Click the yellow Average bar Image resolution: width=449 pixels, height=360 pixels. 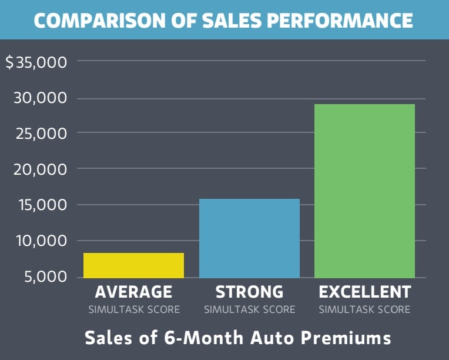coord(133,265)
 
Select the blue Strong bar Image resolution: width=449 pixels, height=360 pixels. coord(249,238)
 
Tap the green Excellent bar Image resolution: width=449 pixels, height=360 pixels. coord(364,191)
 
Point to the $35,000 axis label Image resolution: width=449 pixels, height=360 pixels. coord(37,62)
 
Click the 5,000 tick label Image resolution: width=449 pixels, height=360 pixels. coord(45,276)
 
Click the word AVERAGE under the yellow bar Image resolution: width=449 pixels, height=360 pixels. coord(134,292)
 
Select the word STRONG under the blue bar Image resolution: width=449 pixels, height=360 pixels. coord(249,292)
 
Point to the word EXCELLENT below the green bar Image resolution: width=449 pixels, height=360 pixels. coord(364,292)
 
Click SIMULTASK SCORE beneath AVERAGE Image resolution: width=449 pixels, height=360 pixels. coord(134,309)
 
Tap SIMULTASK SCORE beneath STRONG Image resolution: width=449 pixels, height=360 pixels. coord(249,309)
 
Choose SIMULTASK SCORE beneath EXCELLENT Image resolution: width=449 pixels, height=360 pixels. coord(364,309)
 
